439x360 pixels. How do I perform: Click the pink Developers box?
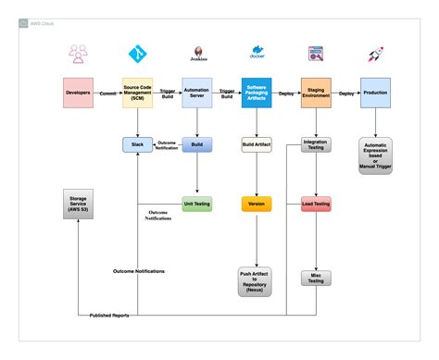point(78,94)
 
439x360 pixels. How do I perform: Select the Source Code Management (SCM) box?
point(137,94)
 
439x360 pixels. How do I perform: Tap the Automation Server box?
point(196,94)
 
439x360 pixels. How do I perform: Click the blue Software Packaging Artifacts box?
point(257,94)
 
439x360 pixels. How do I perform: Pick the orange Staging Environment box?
point(316,94)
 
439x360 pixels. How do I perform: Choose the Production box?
point(375,94)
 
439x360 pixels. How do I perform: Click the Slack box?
point(137,144)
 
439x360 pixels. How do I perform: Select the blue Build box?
point(196,144)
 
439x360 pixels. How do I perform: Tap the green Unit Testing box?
point(196,203)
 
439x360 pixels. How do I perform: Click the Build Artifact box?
point(257,144)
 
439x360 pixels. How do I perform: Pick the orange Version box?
point(257,203)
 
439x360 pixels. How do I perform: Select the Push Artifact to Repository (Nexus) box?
point(257,281)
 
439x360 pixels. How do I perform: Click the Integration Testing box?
point(316,144)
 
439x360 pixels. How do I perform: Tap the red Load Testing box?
point(316,203)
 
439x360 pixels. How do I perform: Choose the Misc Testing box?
point(316,277)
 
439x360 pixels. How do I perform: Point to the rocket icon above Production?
point(375,55)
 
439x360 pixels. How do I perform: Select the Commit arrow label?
point(107,93)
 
